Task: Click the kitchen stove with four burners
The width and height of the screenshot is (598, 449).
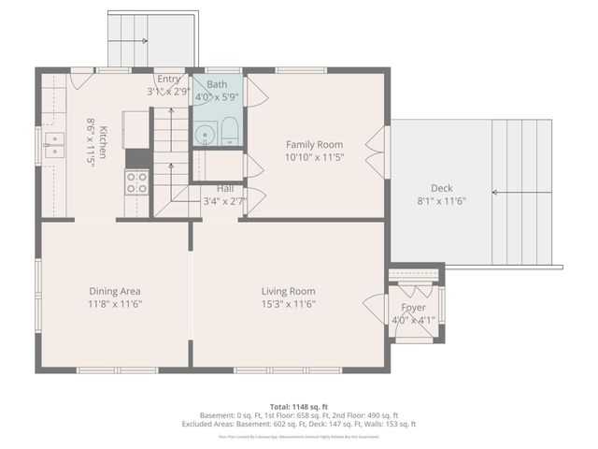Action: [137, 182]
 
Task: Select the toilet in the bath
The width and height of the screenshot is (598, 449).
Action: [229, 133]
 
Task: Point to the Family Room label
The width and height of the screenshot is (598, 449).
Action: [314, 144]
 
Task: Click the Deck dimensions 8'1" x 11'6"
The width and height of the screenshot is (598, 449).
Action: [440, 200]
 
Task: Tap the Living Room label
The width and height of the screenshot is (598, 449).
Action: [288, 291]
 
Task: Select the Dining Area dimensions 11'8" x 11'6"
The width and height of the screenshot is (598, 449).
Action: [115, 304]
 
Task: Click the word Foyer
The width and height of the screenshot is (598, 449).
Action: [413, 308]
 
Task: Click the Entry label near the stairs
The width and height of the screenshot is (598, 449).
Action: [169, 80]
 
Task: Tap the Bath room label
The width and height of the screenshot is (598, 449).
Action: [217, 84]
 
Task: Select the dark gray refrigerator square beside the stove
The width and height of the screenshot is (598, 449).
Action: [137, 158]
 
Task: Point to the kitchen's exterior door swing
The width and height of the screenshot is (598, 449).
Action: [82, 80]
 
